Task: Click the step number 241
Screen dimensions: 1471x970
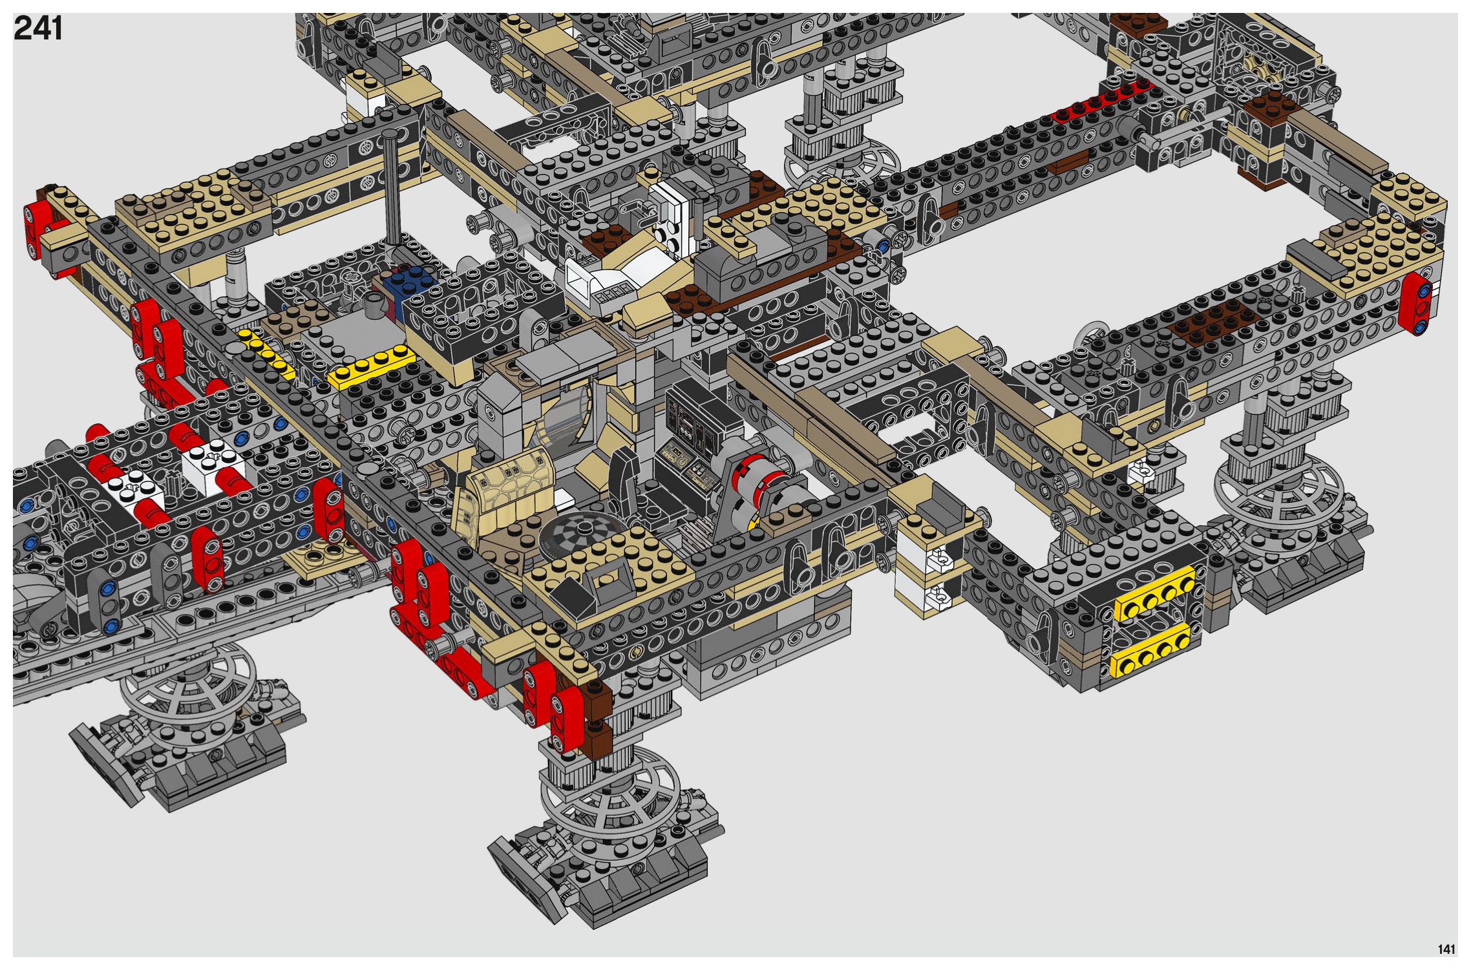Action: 37,29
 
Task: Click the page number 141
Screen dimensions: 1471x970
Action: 1446,949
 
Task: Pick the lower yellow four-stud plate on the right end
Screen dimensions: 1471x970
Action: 1151,649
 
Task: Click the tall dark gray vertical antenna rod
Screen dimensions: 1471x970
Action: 392,187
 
